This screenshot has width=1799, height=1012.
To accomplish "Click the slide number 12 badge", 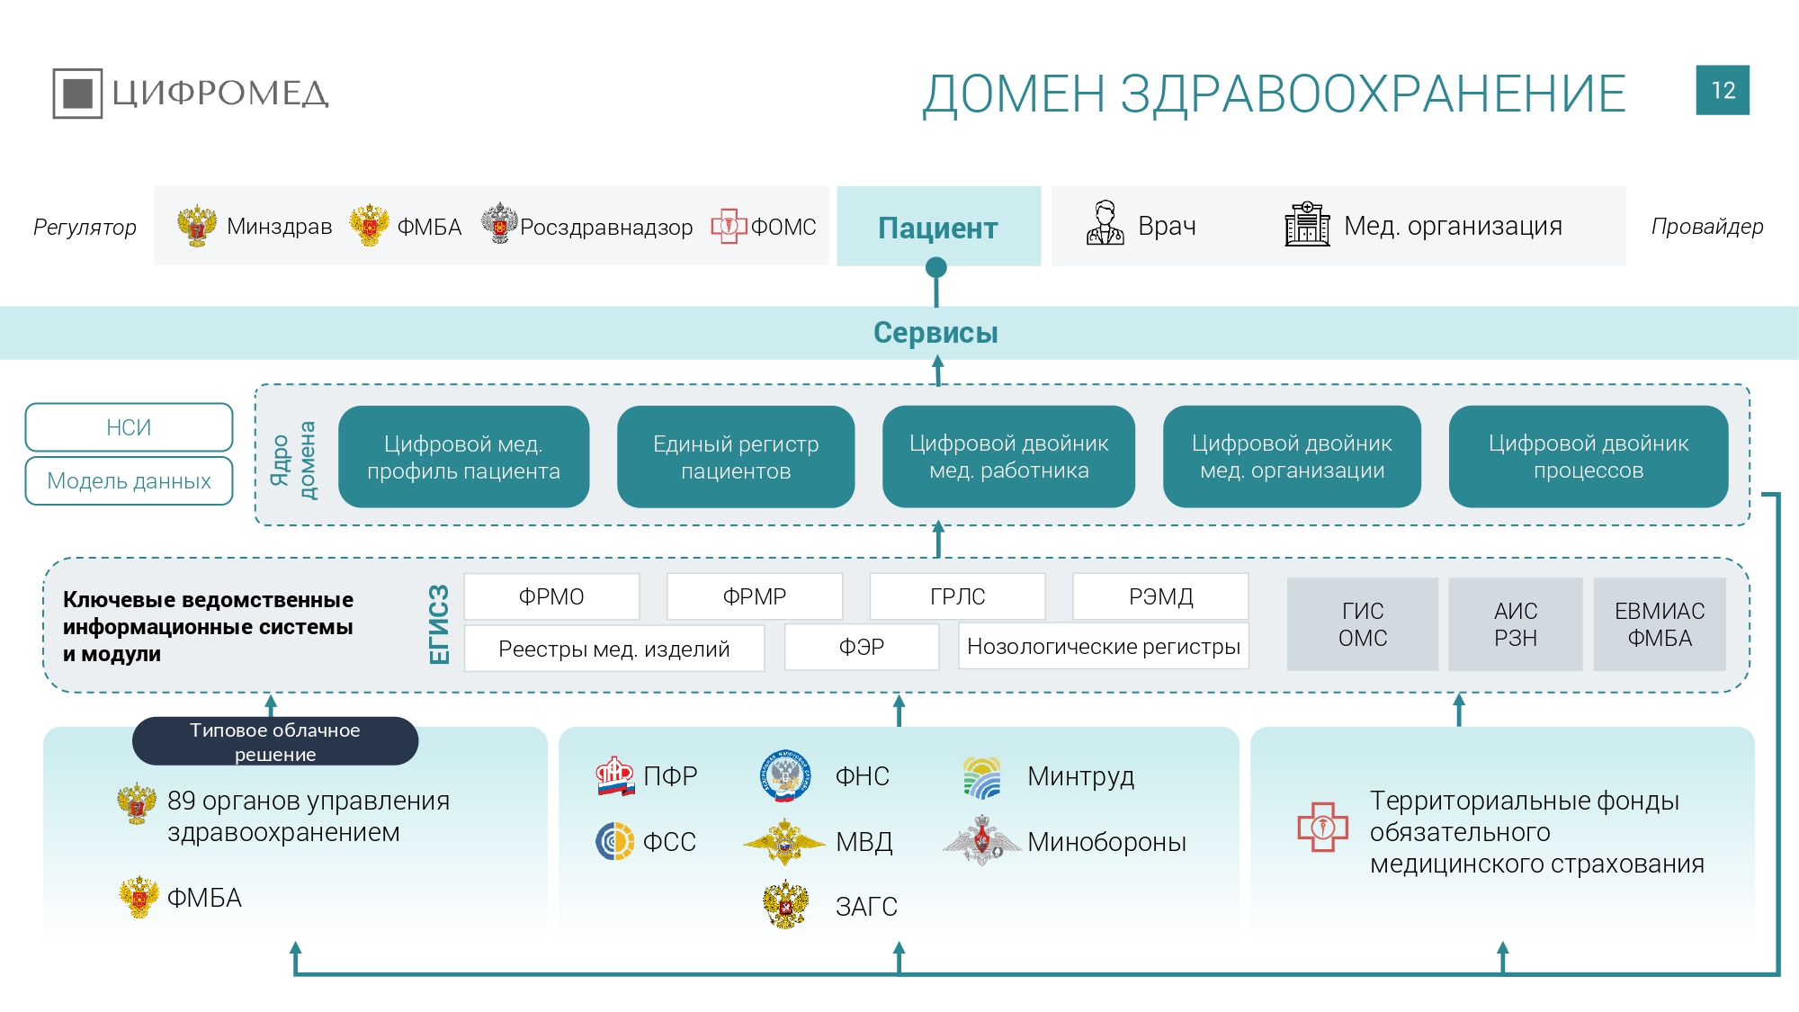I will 1722,90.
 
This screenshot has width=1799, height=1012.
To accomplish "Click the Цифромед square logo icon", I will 77,93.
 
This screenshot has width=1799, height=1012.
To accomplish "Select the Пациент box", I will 938,227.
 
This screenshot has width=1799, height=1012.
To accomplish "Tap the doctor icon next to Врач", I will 1105,224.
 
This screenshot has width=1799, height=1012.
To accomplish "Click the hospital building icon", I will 1306,224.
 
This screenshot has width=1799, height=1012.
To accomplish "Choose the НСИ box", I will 129,427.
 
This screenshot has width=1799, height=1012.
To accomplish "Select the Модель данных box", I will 129,481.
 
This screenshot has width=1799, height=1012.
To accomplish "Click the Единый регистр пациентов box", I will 735,457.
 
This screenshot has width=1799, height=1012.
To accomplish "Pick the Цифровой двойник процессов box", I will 1588,457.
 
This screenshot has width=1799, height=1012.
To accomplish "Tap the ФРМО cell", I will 551,596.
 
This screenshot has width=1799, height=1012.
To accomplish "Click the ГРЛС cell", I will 957,596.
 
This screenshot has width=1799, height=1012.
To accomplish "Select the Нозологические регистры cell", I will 1103,647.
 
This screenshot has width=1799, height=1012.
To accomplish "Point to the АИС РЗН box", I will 1515,624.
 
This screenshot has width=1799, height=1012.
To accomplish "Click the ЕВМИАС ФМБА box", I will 1659,624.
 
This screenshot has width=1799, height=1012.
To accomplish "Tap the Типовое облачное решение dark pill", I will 274,741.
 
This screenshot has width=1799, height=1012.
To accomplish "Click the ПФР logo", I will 615,775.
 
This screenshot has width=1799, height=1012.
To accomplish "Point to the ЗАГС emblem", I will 785,904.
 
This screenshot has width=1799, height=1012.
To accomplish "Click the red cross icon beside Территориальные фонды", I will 1322,827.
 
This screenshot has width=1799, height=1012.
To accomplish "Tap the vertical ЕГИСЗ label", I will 439,624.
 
